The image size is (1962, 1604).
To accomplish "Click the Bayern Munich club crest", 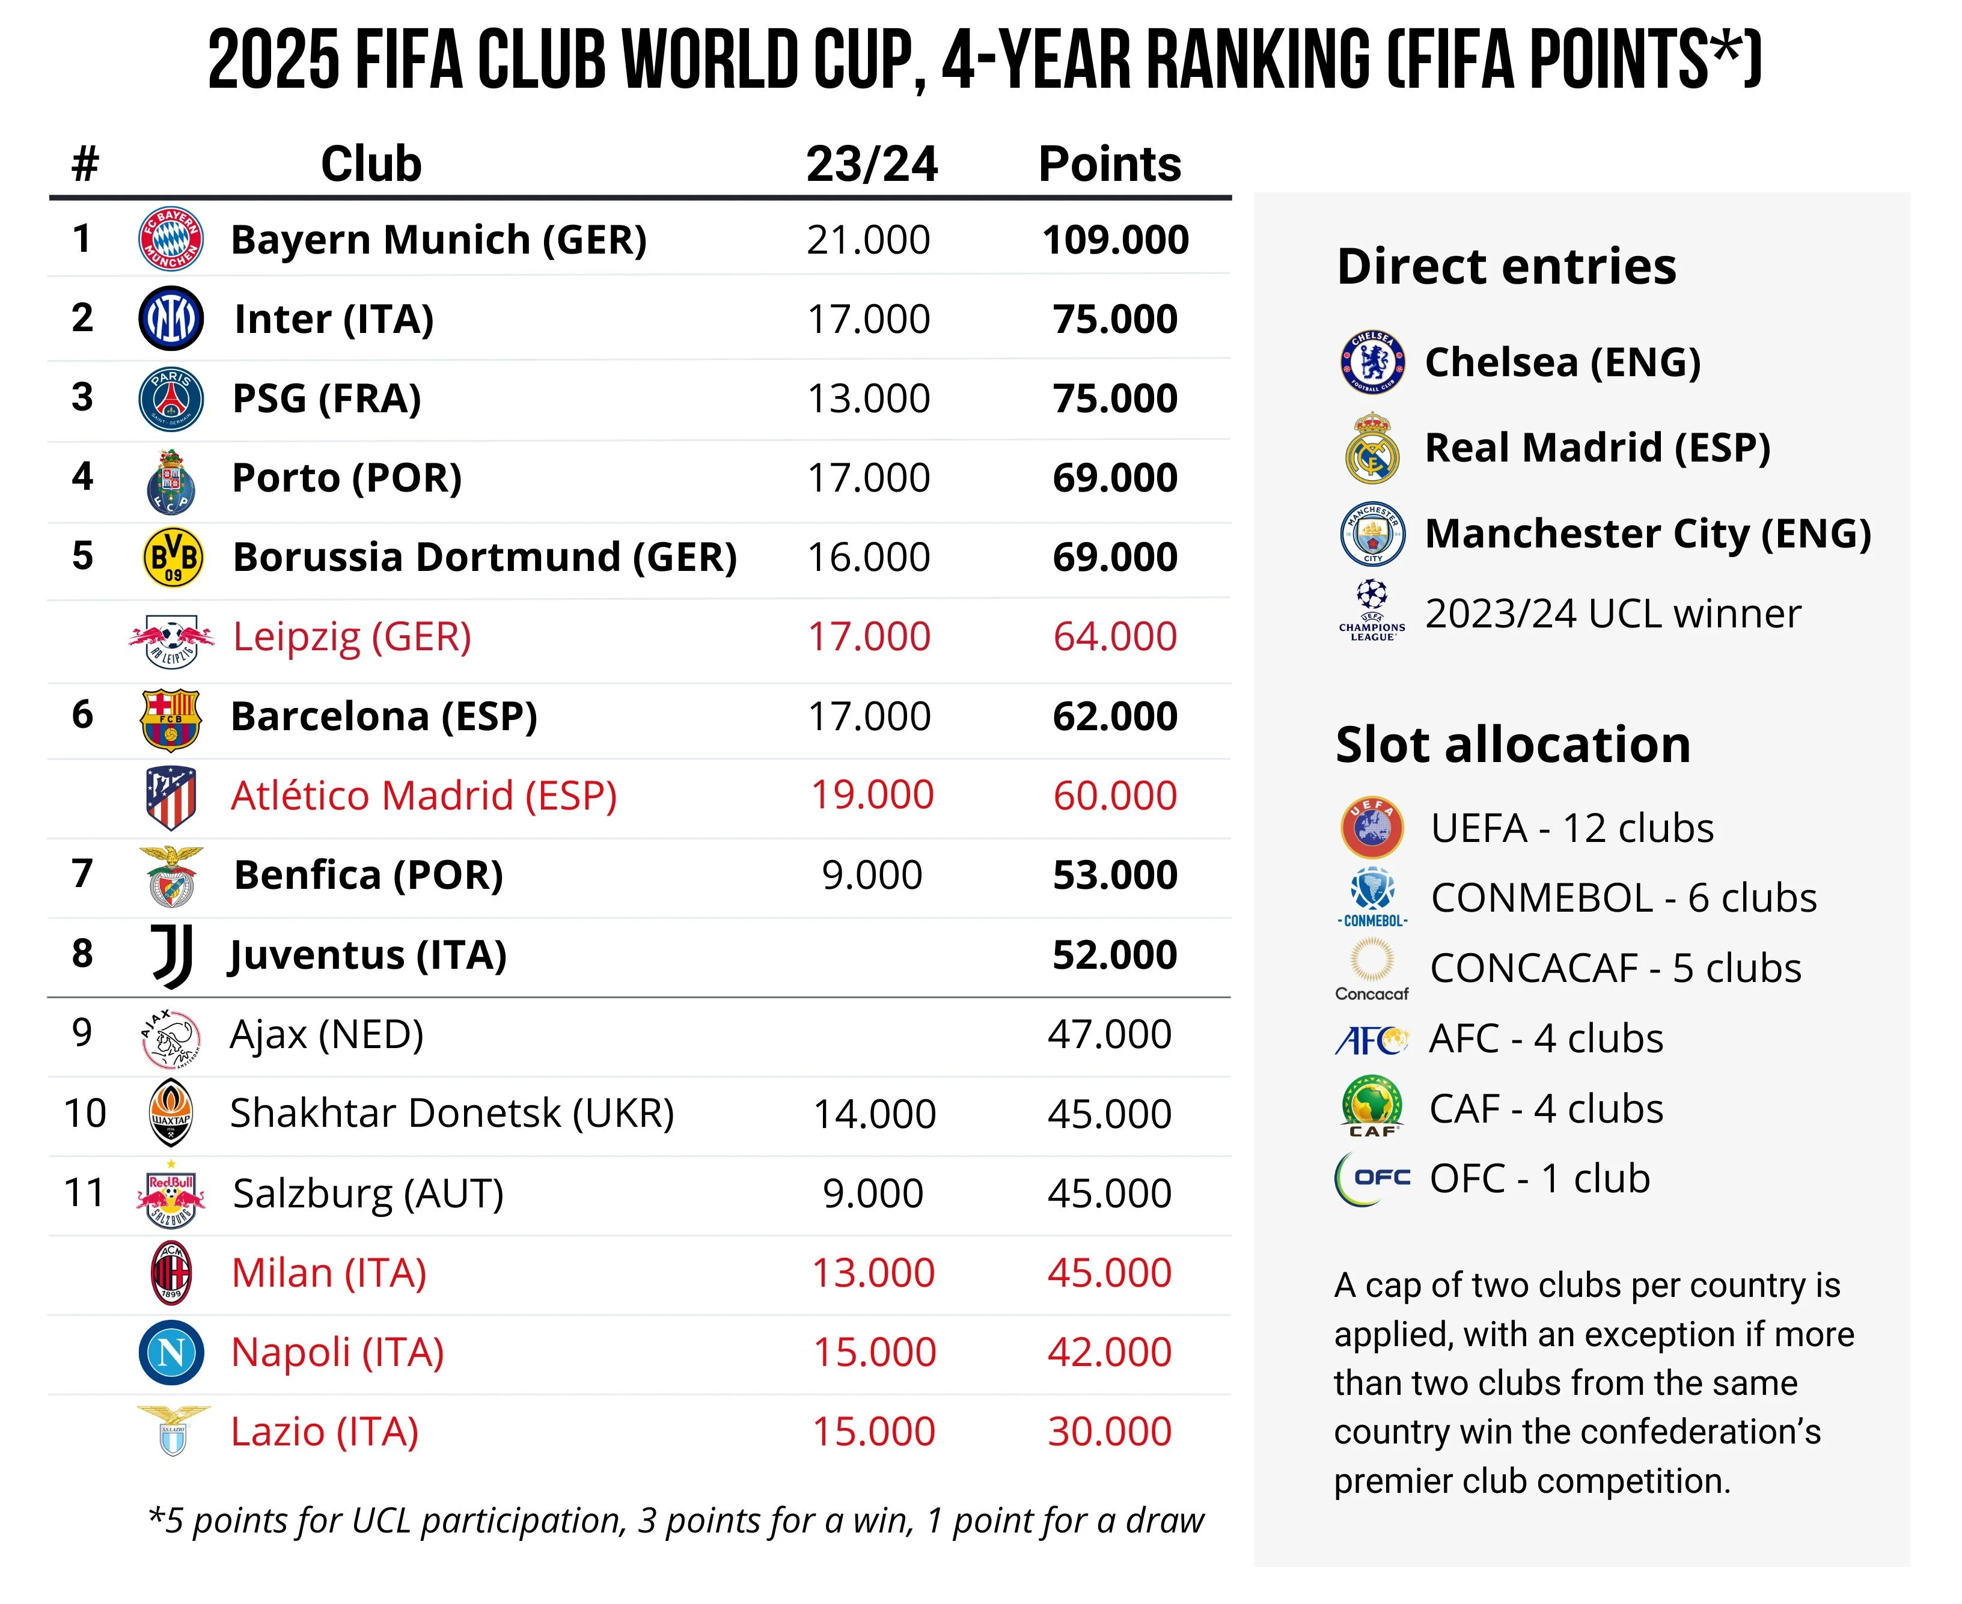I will pos(170,239).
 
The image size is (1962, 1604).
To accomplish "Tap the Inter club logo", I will pos(170,319).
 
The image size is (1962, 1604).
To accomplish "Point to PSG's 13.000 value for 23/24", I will pos(868,399).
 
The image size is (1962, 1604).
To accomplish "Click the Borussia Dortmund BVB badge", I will pos(173,557).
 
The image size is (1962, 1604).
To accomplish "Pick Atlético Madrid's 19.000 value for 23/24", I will pos(872,796).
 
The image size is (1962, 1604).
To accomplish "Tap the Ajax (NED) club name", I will pos(326,1034).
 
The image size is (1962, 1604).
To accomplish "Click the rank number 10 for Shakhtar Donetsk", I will pos(85,1114).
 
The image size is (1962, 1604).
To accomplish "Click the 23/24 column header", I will pos(872,165).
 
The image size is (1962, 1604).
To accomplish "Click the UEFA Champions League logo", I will pos(1372,610).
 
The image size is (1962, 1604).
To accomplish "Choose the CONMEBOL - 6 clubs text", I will pos(1623,898).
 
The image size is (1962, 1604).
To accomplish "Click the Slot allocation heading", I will pos(1513,745).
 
